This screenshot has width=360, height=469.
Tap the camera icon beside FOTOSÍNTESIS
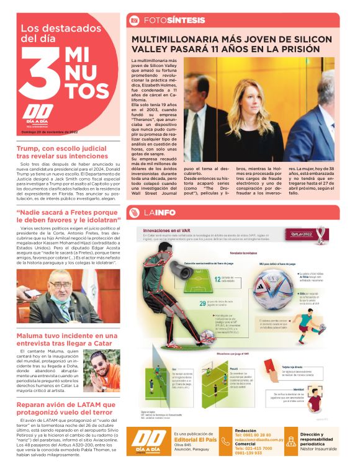coord(134,20)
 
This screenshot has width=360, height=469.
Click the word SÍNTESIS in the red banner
coord(186,20)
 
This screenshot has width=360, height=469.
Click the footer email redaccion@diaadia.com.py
coord(262,442)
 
